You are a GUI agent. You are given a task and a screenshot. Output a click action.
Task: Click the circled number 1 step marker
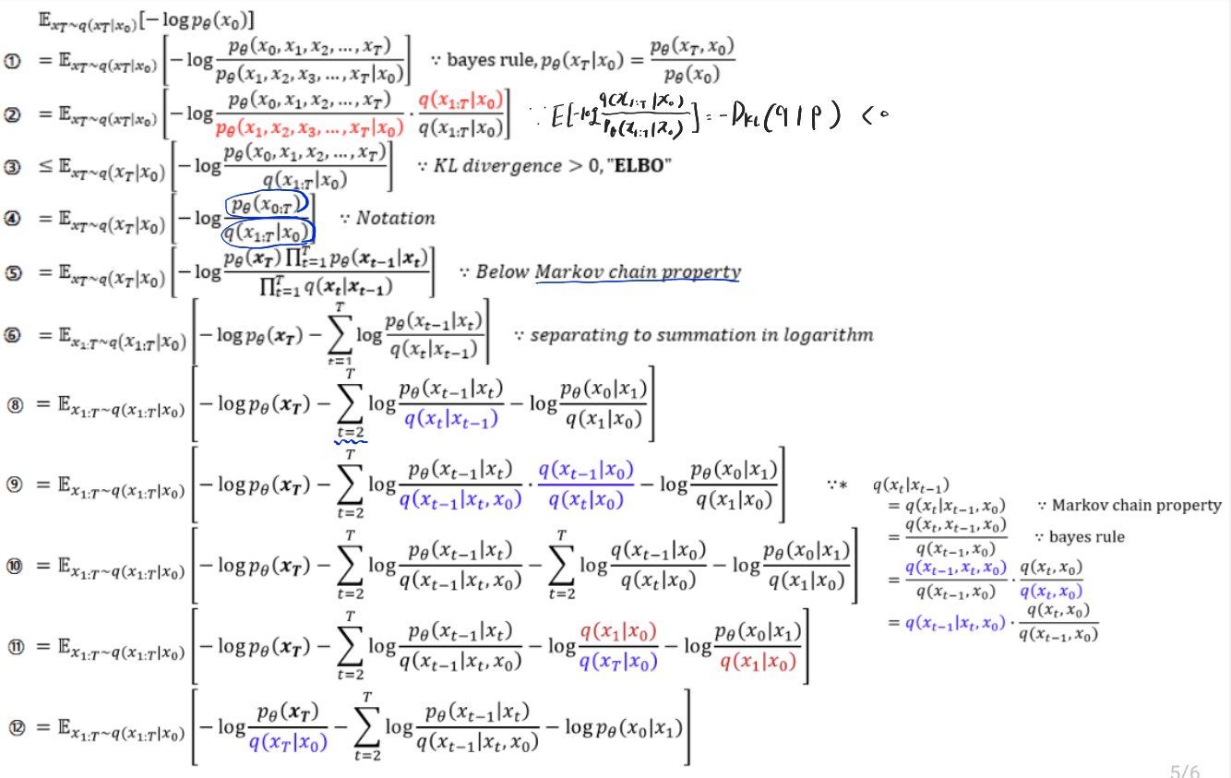pos(14,60)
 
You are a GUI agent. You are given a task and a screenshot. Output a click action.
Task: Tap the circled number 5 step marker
pos(14,271)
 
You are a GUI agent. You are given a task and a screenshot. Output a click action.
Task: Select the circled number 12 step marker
pos(15,727)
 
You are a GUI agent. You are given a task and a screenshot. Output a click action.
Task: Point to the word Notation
pos(395,218)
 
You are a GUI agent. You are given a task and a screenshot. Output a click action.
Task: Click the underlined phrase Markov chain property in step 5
pos(637,271)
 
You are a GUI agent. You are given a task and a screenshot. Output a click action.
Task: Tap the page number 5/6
pos(1185,772)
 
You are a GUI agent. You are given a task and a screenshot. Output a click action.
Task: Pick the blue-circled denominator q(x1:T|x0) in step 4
pos(269,233)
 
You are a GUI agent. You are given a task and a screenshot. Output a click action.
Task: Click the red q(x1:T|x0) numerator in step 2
pos(461,100)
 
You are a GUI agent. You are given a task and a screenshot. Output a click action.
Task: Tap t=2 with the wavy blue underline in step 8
pos(351,429)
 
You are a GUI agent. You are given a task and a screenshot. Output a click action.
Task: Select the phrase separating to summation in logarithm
pos(701,334)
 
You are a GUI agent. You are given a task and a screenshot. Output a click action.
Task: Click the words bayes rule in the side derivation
pos(1087,536)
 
